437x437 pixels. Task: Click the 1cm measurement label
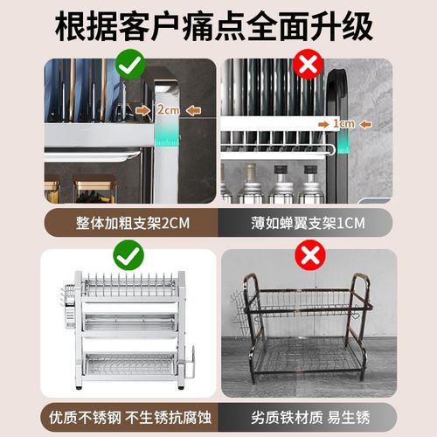point(343,123)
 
